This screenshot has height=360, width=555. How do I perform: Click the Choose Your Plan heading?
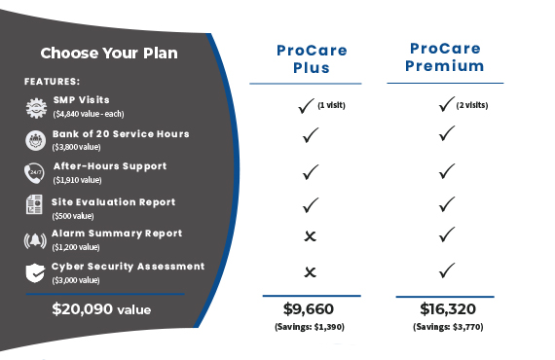pyautogui.click(x=109, y=53)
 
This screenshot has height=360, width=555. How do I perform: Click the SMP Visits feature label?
pyautogui.click(x=82, y=100)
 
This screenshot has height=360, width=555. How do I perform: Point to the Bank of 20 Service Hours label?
pyautogui.click(x=122, y=133)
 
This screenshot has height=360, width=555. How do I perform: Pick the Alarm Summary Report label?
pyautogui.click(x=117, y=234)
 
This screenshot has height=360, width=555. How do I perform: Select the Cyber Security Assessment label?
pyautogui.click(x=129, y=266)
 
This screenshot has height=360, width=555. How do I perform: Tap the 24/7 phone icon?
pyautogui.click(x=34, y=172)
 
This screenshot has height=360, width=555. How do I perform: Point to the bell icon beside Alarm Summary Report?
pyautogui.click(x=34, y=239)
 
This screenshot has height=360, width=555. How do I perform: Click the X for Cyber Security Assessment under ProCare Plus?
pyautogui.click(x=311, y=271)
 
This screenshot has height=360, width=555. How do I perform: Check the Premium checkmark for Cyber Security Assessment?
pyautogui.click(x=447, y=270)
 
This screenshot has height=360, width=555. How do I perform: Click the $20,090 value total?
pyautogui.click(x=102, y=310)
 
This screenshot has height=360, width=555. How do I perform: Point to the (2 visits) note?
pyautogui.click(x=472, y=104)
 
